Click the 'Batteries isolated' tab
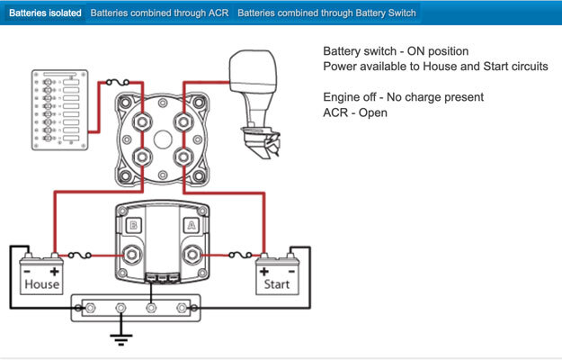point(45,13)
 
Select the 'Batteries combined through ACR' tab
point(159,13)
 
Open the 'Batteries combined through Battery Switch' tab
point(326,13)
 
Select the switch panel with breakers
point(60,110)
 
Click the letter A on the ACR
point(192,225)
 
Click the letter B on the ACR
point(133,225)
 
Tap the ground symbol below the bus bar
point(120,339)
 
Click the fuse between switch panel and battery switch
point(118,83)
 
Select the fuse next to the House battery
point(79,256)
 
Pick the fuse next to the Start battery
point(240,255)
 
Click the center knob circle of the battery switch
point(163,139)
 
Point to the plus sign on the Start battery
point(264,272)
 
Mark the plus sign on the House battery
point(55,272)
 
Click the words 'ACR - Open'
point(355,112)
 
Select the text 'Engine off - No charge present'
point(403,97)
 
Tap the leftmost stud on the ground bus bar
point(90,308)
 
